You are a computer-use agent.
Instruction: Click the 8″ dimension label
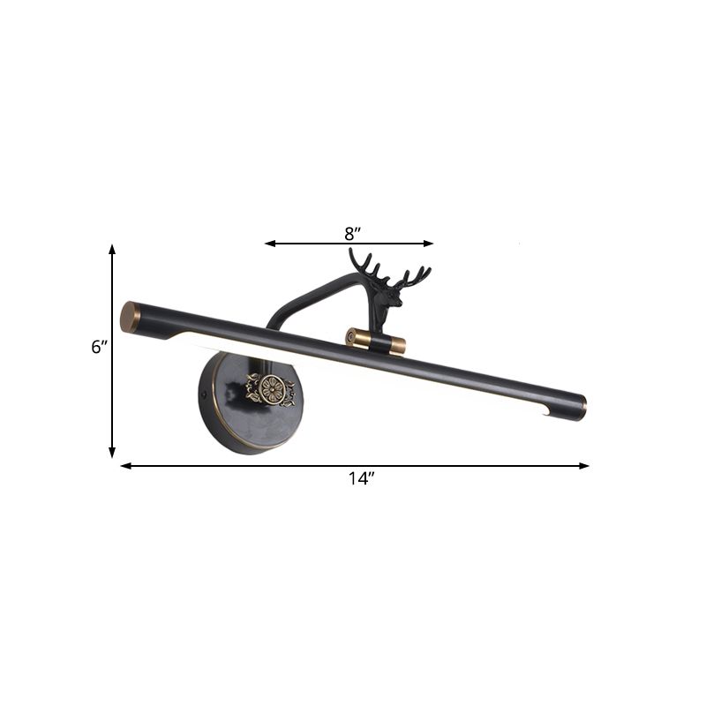coord(353,234)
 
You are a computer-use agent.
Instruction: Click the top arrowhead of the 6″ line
coord(112,250)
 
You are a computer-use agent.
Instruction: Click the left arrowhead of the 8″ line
coord(268,243)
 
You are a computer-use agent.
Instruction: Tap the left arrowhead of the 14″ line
coord(124,465)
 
